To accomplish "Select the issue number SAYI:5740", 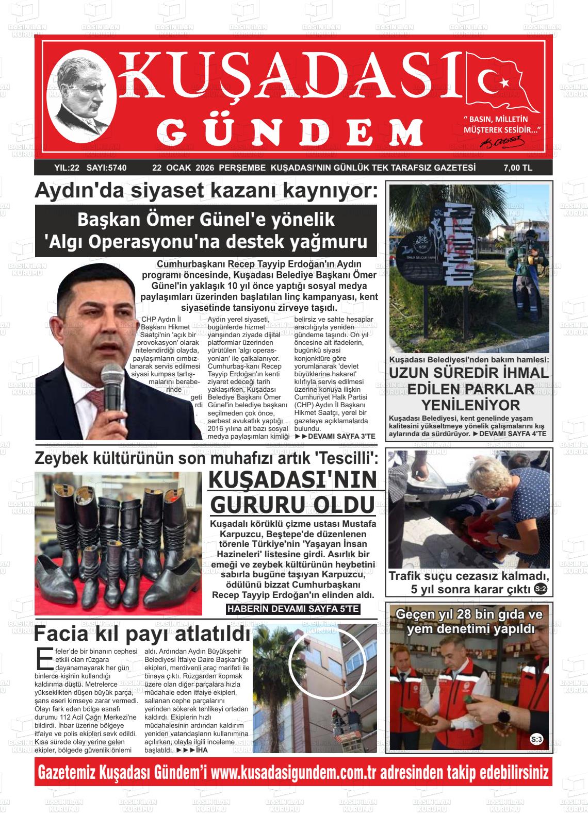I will pos(107,168).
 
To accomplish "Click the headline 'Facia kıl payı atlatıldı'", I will pos(142,633).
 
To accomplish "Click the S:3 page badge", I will pos(536,740).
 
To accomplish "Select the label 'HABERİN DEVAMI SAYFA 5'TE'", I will pos(293,609).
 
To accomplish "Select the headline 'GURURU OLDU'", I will pos(292,505).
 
